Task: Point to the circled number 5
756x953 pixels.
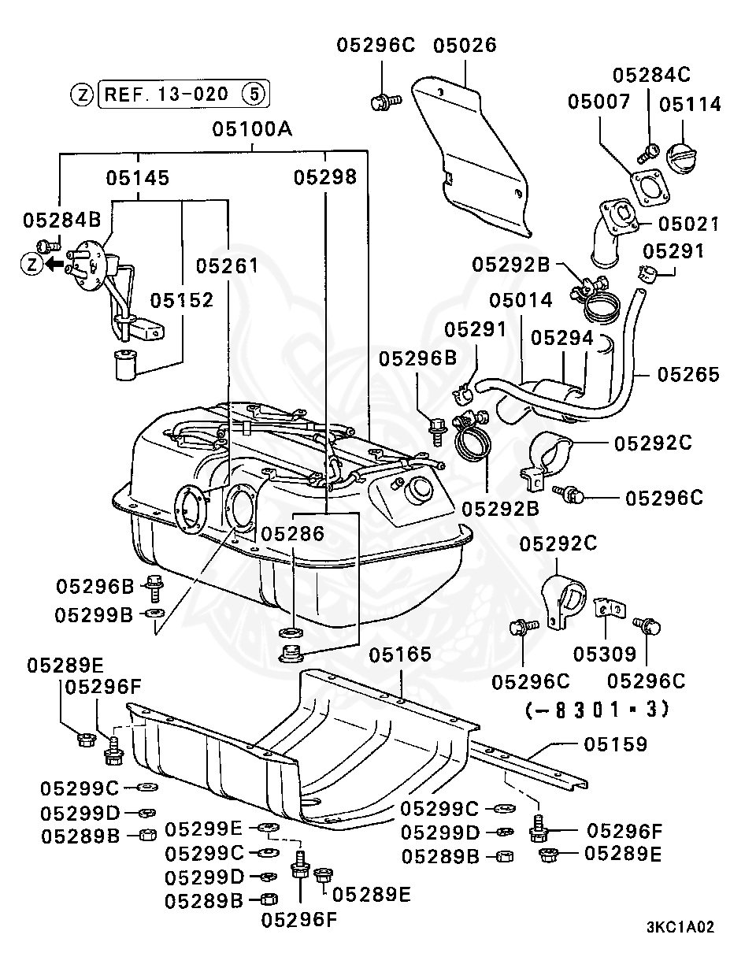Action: [253, 95]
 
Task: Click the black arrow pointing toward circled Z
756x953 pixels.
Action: [54, 264]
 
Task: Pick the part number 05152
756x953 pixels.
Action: [182, 300]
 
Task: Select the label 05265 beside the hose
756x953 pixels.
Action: [688, 373]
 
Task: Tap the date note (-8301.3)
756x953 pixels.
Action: [596, 709]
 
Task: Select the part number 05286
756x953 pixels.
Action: [293, 534]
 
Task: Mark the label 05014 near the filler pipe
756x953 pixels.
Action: [521, 300]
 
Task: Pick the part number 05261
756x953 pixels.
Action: [227, 265]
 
